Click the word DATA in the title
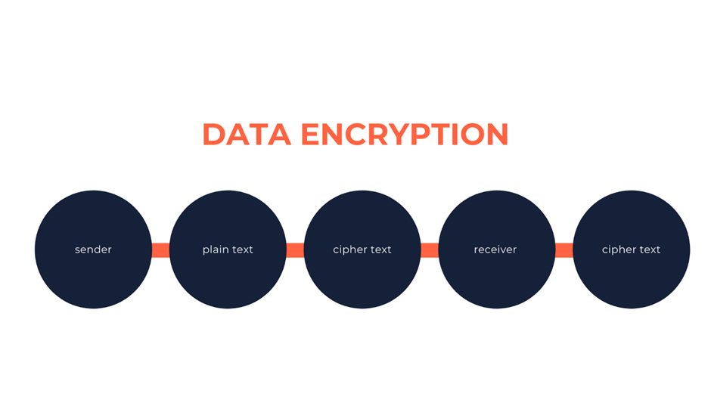[x=247, y=135]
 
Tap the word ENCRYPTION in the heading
[x=405, y=135]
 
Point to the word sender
[x=93, y=250]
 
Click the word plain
[x=216, y=250]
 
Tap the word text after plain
[x=242, y=250]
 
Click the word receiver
[x=495, y=250]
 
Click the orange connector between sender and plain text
[x=160, y=250]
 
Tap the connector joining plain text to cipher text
[x=295, y=250]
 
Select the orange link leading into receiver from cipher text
[x=430, y=250]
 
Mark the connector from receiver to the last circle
[x=564, y=250]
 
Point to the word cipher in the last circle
[x=616, y=250]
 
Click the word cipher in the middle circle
[x=348, y=250]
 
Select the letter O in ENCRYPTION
[x=472, y=135]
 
